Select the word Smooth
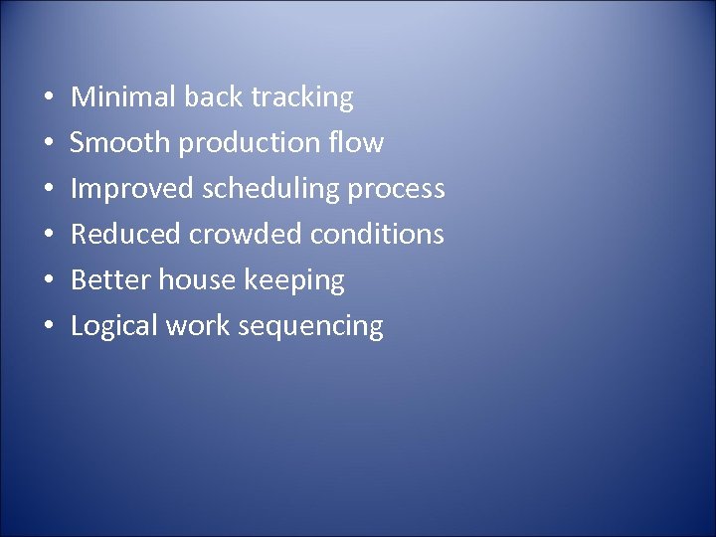click(120, 143)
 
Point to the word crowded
click(247, 235)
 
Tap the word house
click(192, 280)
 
